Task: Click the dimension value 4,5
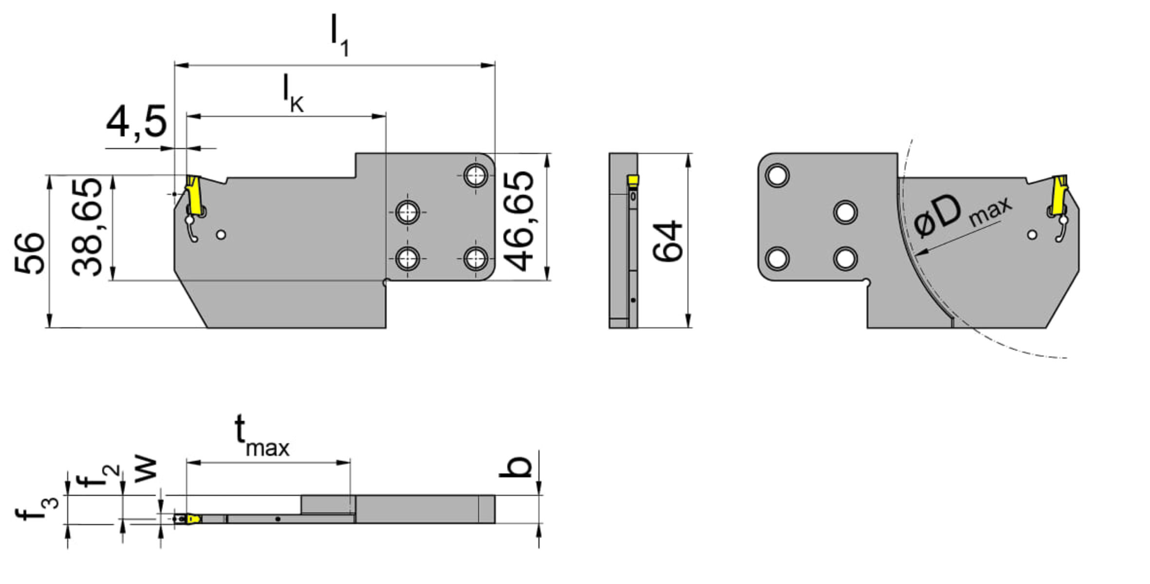click(136, 122)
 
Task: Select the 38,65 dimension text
click(87, 227)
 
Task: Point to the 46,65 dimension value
click(519, 221)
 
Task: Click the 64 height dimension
click(668, 242)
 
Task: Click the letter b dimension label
click(515, 466)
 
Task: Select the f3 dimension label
click(37, 508)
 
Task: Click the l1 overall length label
click(339, 35)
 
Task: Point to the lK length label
click(294, 94)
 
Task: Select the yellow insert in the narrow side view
click(633, 181)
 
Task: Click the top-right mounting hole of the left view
click(475, 175)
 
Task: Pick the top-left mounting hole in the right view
click(778, 175)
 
